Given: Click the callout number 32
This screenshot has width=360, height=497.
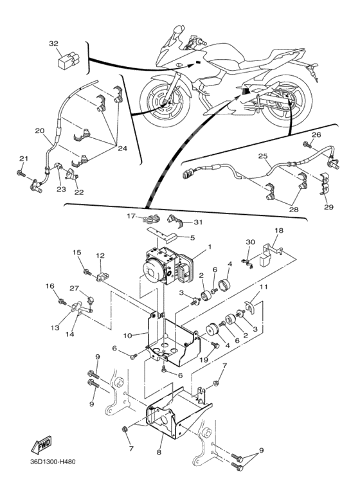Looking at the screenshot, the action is tap(54, 44).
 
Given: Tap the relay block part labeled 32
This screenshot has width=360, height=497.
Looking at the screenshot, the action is tap(68, 60).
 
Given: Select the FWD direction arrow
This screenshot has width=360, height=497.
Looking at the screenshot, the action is tap(41, 444).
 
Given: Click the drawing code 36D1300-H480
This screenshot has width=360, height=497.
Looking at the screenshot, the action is tap(53, 462).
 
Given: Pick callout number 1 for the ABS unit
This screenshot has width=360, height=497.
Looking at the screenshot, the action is tap(209, 246).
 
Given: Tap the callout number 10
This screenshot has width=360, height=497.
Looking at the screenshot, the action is tap(128, 336).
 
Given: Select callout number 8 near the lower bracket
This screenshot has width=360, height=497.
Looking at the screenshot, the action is tap(159, 452).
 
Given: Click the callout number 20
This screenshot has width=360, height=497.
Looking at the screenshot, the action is tap(40, 131).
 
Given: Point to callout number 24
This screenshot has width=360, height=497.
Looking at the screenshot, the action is tap(122, 149).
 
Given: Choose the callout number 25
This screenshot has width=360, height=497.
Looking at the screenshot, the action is tap(263, 156).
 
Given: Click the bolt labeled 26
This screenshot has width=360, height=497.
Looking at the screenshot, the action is tap(307, 145).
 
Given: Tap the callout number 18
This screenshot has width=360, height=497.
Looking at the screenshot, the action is tap(279, 230).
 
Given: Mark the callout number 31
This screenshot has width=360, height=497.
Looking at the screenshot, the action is tap(198, 222).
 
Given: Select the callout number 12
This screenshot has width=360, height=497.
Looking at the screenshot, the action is tap(100, 255).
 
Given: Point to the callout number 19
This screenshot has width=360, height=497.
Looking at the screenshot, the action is tap(204, 361).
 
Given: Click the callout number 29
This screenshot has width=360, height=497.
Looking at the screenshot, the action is tap(328, 207).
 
